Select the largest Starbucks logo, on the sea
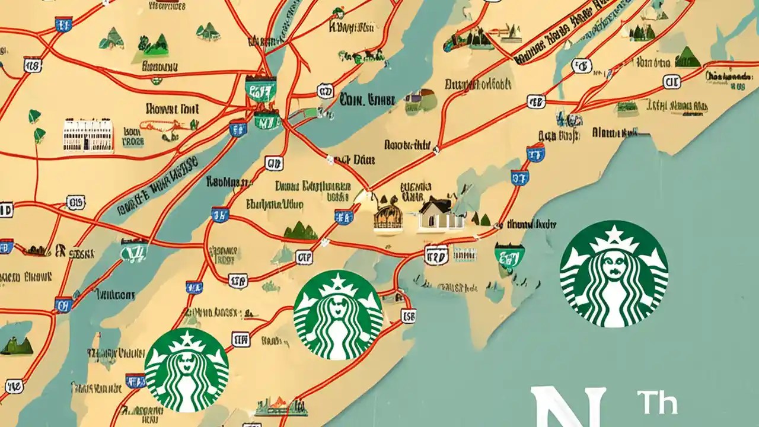tap(614, 274)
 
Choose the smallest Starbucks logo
tap(186, 369)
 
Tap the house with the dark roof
tap(440, 215)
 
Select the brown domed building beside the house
tap(388, 213)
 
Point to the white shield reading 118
tap(32, 65)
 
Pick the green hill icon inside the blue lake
tap(17, 346)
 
